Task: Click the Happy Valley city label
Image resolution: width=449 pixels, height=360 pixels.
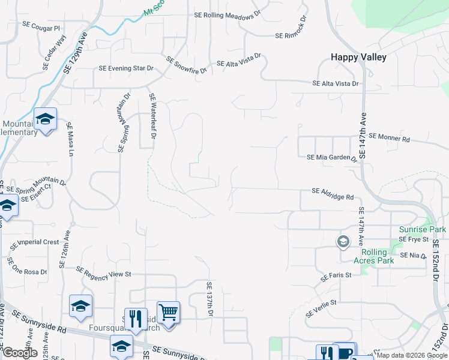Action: pos(358,58)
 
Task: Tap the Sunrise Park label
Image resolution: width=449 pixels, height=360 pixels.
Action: pos(423,230)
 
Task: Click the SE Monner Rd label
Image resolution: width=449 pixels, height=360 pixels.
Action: pos(389,137)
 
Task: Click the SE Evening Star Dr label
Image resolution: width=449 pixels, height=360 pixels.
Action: pos(123,68)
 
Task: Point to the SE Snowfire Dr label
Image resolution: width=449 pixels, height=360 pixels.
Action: pos(187,65)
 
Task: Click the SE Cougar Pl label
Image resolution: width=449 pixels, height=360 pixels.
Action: pos(42,28)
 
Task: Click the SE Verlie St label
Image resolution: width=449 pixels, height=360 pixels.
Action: pos(322,310)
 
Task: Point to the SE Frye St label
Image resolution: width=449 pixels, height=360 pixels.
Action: pos(415,239)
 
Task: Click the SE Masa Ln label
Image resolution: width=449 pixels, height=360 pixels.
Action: pos(69,140)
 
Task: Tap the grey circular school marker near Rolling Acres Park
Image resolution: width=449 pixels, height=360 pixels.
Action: pos(343,242)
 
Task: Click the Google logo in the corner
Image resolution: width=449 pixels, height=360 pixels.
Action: pos(19,353)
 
